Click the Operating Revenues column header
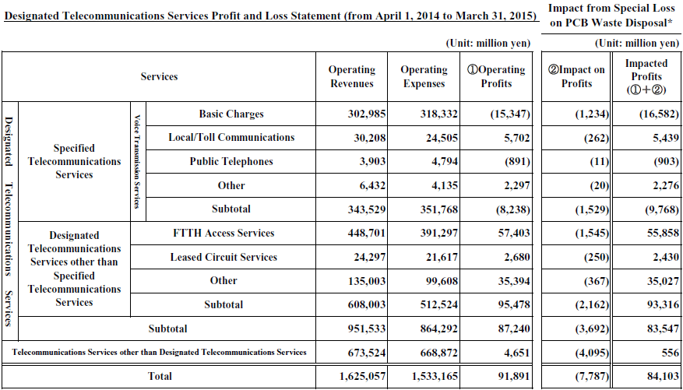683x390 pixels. click(x=351, y=76)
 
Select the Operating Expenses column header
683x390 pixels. click(x=424, y=76)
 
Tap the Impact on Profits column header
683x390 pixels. click(x=577, y=76)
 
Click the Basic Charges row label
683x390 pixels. click(x=231, y=114)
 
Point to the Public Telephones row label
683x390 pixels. click(x=231, y=161)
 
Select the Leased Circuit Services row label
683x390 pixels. click(x=224, y=257)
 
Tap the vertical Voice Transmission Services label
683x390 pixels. click(x=138, y=161)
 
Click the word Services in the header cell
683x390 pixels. click(x=159, y=76)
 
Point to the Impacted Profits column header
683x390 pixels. click(x=646, y=76)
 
